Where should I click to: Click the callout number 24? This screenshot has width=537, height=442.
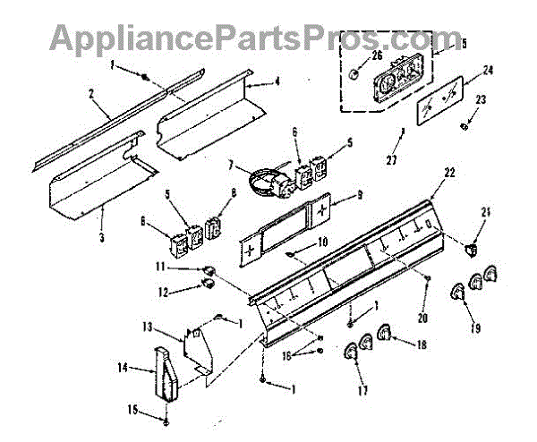[489, 69]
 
